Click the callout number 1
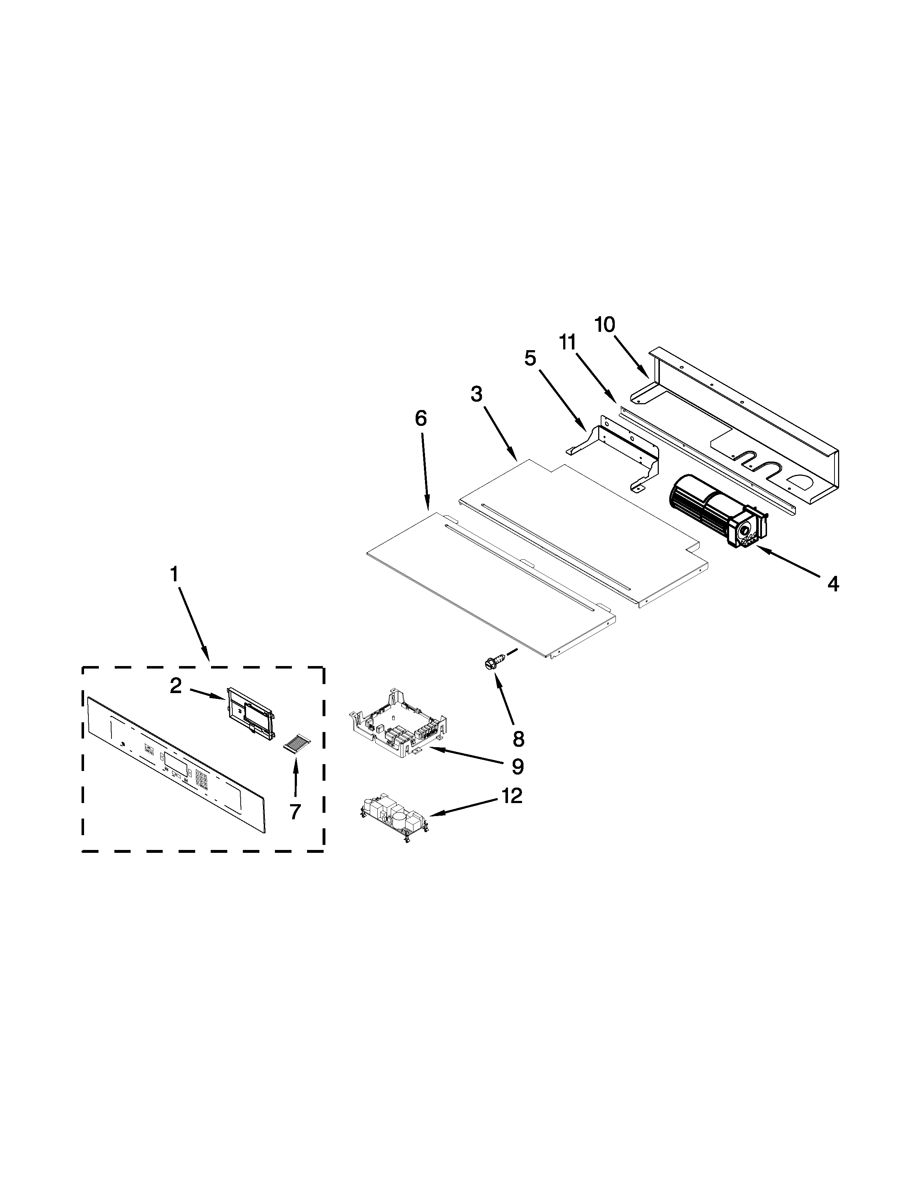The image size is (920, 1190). [174, 574]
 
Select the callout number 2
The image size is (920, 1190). [175, 686]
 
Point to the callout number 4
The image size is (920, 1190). [833, 584]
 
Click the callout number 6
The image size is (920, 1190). [421, 418]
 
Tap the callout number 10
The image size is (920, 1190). [605, 325]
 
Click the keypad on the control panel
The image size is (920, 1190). [202, 779]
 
